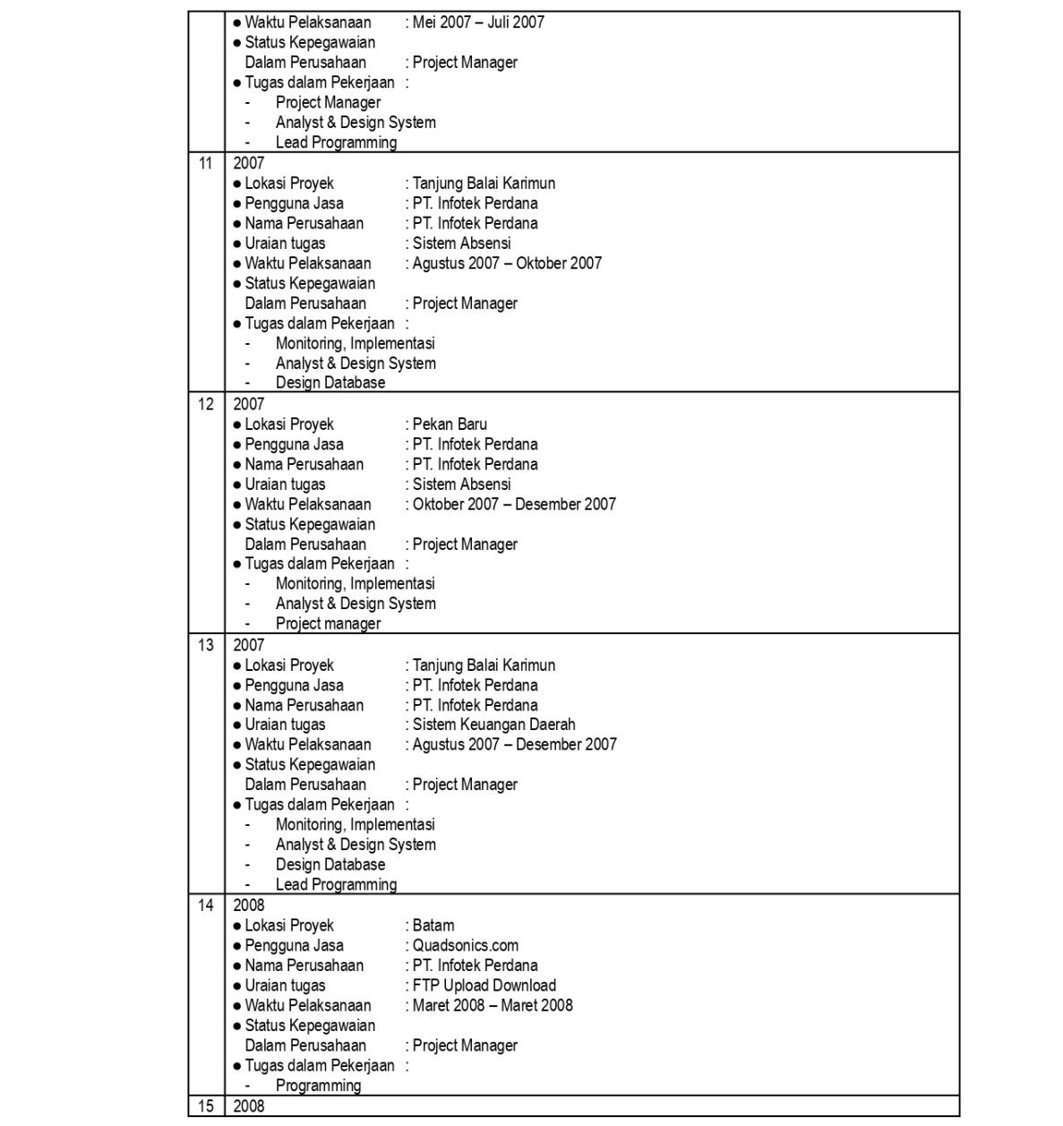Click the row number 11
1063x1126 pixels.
coord(206,163)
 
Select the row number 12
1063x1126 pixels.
coord(206,404)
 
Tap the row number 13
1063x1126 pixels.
coord(206,645)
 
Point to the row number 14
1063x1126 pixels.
coord(206,906)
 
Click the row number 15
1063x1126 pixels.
coord(206,1106)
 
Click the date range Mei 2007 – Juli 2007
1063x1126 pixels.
coord(478,22)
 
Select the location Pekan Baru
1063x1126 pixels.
coord(450,425)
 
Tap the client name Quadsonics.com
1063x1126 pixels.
coord(465,946)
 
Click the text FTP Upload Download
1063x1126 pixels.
coord(484,985)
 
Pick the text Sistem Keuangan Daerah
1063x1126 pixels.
coord(493,725)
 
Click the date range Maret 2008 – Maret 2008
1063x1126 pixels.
coord(493,1005)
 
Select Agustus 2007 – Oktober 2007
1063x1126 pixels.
coord(507,263)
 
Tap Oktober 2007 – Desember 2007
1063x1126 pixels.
coord(514,504)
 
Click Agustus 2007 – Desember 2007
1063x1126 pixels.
coord(514,744)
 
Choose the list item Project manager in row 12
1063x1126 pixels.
coord(328,624)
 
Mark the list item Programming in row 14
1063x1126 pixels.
coord(318,1086)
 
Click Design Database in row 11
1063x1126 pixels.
coord(330,382)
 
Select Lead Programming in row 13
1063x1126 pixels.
coord(336,885)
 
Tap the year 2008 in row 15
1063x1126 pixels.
coord(249,1106)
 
